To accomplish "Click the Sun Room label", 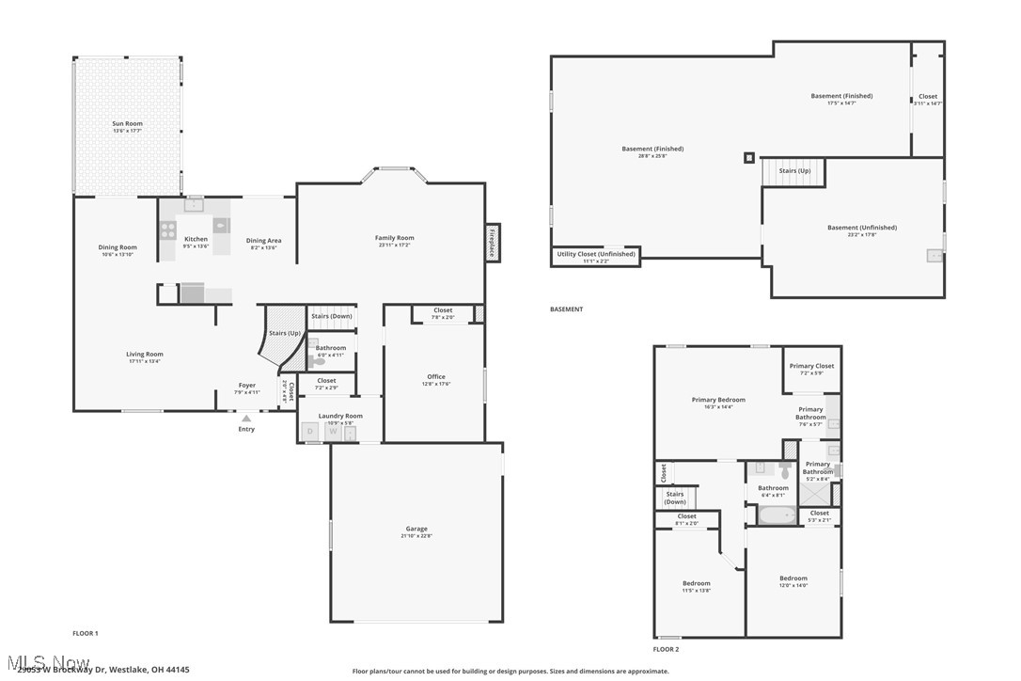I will [127, 123].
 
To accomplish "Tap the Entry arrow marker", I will [246, 419].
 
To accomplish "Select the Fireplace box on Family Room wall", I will [492, 243].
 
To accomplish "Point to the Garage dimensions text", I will [416, 535].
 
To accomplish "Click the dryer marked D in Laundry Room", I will [309, 432].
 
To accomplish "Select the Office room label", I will [436, 376].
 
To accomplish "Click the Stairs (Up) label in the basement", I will [794, 171].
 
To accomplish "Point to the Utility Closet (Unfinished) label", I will [596, 254].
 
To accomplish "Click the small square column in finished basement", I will [748, 157].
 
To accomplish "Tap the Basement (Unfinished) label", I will [861, 227].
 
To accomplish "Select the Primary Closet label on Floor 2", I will [811, 366].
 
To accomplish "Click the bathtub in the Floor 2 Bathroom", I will [777, 515].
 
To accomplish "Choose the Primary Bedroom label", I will [718, 400].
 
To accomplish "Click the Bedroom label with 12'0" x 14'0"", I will [793, 578].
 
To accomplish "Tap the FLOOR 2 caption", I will [666, 649].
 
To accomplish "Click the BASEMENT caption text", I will [566, 309].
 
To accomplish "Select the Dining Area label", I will [263, 240].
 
